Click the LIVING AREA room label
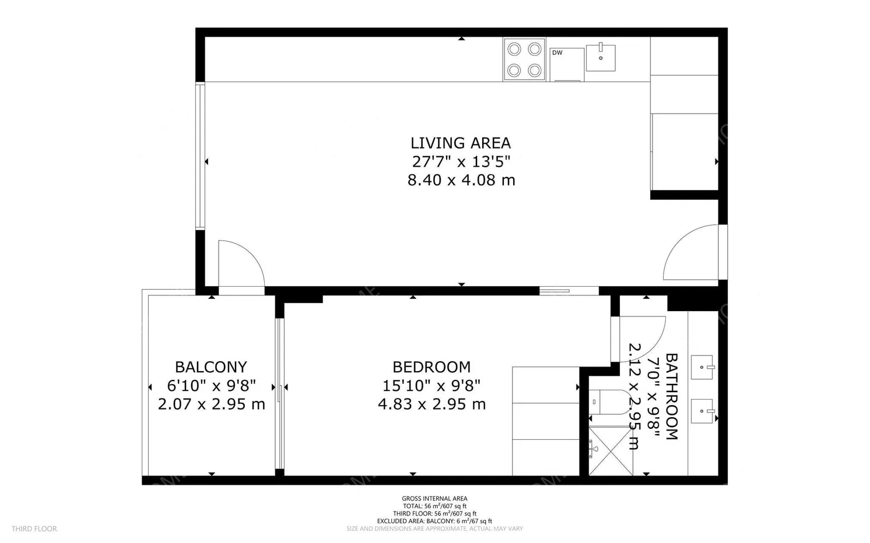click(460, 143)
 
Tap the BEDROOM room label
click(432, 367)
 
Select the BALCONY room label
click(211, 367)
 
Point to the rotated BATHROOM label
click(671, 396)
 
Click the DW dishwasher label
click(557, 53)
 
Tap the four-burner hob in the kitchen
click(524, 59)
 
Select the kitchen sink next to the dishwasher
click(601, 57)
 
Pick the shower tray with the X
click(611, 451)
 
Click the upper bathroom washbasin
click(703, 367)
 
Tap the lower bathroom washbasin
click(703, 411)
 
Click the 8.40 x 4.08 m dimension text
click(461, 181)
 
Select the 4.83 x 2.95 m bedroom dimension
click(432, 404)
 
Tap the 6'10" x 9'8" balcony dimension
click(211, 386)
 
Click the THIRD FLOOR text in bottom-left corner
click(34, 529)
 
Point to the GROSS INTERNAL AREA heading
click(434, 499)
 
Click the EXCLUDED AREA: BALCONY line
click(434, 521)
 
